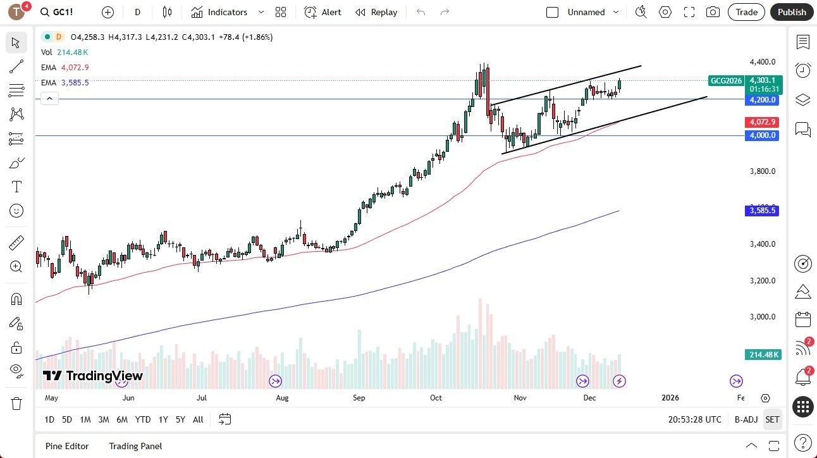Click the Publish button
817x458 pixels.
tap(792, 12)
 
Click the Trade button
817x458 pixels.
tap(746, 12)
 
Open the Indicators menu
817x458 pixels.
tap(228, 12)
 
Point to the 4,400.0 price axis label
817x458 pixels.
tap(762, 62)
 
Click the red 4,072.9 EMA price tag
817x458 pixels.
tap(762, 121)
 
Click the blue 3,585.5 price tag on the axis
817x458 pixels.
tap(762, 211)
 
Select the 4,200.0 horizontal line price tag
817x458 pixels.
tap(762, 100)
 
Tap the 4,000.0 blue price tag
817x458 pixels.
tap(762, 135)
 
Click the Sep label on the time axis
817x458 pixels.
tap(359, 398)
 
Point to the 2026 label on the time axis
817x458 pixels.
tap(670, 398)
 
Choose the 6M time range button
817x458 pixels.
tap(122, 419)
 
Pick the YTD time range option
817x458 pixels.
tap(143, 419)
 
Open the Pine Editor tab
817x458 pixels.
tap(66, 446)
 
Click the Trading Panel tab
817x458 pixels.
tap(135, 446)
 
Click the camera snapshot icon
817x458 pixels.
tap(713, 12)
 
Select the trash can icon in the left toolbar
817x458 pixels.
tap(16, 403)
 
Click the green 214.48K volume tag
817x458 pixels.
tap(764, 355)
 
